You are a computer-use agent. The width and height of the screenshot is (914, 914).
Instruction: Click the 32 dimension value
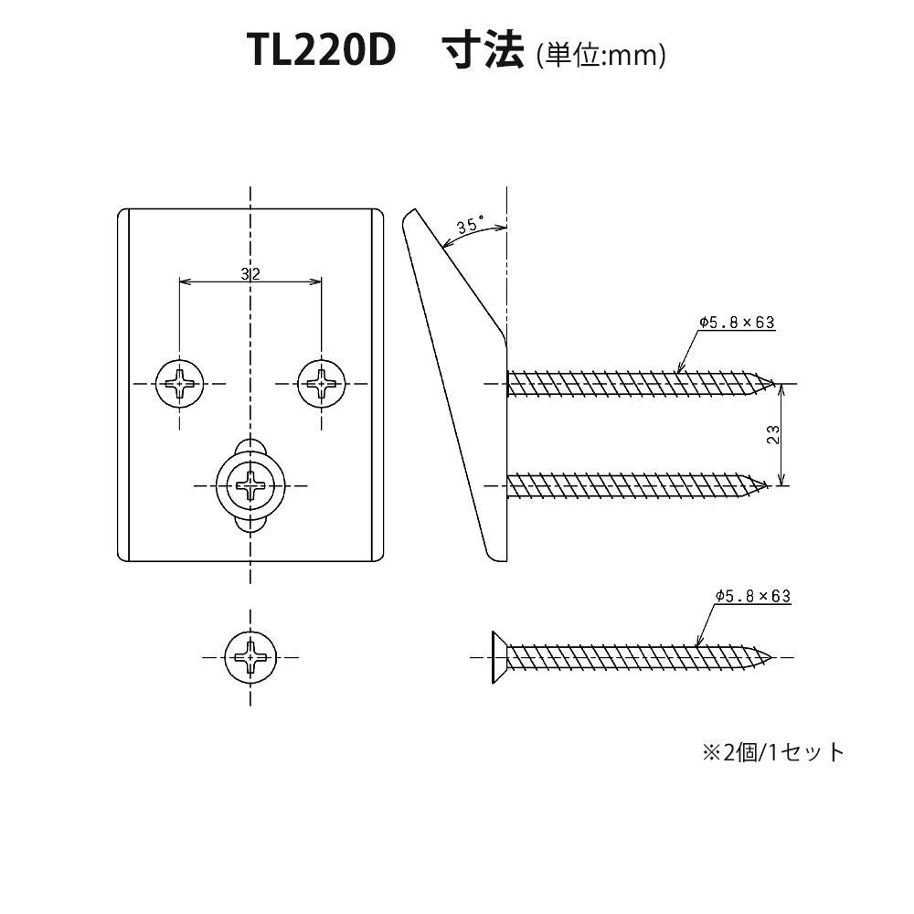point(250,274)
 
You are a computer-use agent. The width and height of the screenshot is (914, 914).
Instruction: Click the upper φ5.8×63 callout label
point(737,323)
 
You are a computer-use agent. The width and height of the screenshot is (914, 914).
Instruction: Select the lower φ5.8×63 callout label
point(752,596)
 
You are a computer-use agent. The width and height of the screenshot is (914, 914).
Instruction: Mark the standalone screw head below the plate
point(250,656)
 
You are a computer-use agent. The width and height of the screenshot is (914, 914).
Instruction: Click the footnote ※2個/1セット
point(772,752)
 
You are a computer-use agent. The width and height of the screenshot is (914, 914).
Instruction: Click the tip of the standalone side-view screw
point(775,656)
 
